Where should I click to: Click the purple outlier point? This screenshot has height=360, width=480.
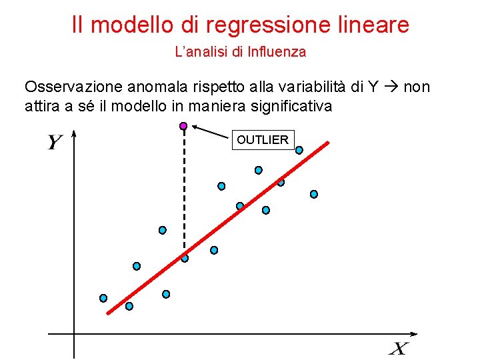(183, 125)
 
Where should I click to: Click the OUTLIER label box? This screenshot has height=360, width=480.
(263, 140)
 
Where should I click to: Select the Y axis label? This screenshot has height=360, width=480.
(55, 143)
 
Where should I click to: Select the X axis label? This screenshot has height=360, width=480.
(399, 348)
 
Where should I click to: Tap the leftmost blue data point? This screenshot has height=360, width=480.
(103, 298)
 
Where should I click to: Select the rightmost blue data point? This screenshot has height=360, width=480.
(314, 194)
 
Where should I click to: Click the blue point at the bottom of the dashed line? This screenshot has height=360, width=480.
(185, 258)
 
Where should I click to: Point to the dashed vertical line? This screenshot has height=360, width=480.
(184, 193)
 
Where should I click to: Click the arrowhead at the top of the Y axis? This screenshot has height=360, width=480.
(74, 134)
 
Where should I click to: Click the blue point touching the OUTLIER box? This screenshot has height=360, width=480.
(299, 150)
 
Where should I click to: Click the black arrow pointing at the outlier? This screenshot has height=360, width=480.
(209, 131)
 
